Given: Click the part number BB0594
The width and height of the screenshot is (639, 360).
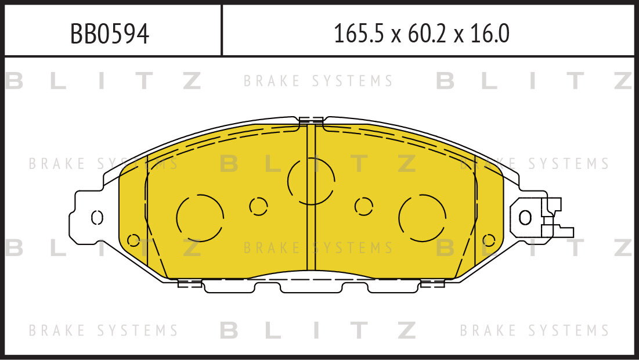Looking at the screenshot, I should point(110,34).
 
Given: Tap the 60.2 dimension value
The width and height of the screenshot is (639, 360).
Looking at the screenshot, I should point(423,34).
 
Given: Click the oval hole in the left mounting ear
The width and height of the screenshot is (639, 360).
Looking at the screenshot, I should point(98,217).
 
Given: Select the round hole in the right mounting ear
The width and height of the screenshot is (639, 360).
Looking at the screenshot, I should point(525,218).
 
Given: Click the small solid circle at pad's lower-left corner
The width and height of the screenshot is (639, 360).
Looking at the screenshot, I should point(133,240).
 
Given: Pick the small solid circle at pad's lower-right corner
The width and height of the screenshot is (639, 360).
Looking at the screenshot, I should point(488,240).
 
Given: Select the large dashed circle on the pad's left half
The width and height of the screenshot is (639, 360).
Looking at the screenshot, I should point(200,218).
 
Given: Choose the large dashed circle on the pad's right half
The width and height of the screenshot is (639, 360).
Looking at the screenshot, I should point(422,218).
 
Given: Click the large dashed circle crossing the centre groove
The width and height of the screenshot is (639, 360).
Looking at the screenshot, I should point(311,181).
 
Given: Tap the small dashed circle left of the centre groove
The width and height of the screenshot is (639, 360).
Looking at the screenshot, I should point(258,206).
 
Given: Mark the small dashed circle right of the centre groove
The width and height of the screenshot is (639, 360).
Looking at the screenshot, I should point(364,206).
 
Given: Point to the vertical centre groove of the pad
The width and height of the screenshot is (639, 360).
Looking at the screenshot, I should point(311,232).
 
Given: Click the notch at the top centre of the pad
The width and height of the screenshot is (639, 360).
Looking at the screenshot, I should point(311,121).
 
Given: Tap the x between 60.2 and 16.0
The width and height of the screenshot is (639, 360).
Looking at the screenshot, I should point(459,36).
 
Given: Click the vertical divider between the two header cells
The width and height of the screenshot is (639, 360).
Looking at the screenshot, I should point(222,30).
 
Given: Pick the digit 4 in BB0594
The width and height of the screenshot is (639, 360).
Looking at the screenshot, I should point(142,34).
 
